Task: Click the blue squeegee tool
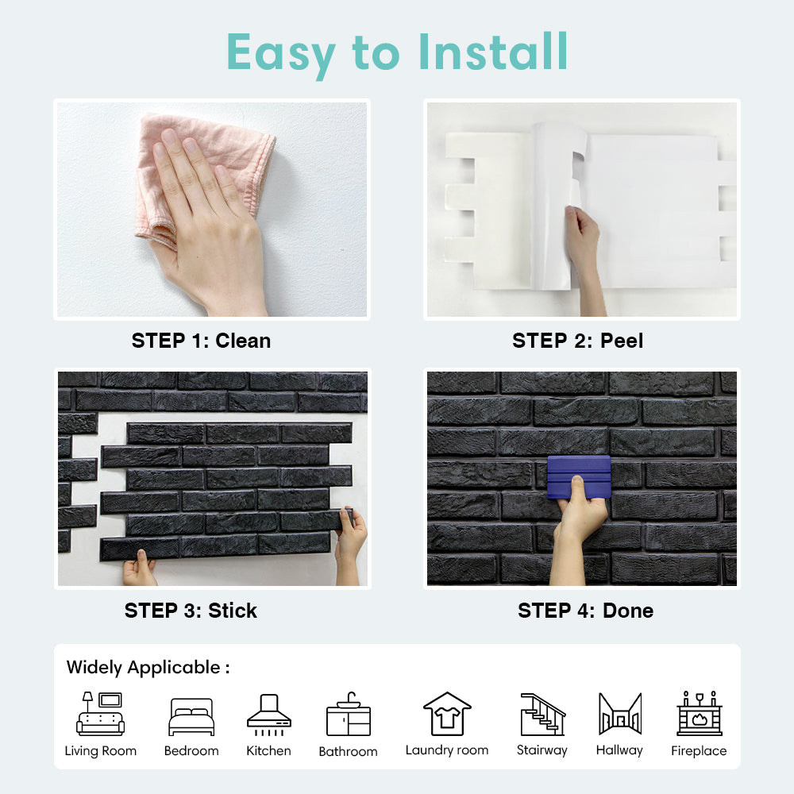(579, 477)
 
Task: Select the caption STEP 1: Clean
(201, 341)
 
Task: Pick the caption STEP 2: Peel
(578, 341)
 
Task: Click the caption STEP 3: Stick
(191, 611)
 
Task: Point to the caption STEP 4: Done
(585, 611)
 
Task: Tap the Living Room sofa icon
(100, 714)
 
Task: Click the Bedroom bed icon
(191, 717)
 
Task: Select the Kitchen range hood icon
(269, 715)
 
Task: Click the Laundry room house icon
(447, 714)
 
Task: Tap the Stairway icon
(543, 714)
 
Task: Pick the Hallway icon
(620, 714)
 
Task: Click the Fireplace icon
(700, 714)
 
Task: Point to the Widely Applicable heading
(148, 668)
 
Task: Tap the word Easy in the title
(280, 54)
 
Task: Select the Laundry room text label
(447, 750)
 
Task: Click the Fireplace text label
(699, 751)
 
